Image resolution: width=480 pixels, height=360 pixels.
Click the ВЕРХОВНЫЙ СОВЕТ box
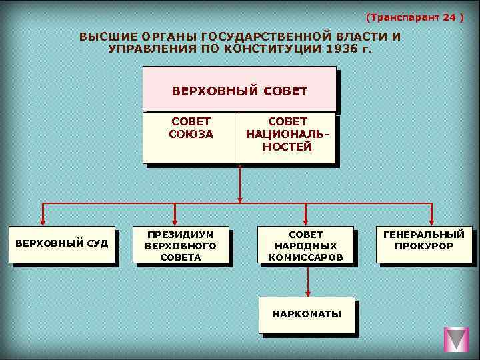click(239, 89)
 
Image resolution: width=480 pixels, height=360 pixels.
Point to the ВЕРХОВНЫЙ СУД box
click(61, 243)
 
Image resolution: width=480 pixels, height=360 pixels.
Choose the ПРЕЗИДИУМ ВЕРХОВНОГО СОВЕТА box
click(181, 245)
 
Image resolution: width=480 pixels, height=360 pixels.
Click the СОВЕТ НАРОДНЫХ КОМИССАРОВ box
click(305, 245)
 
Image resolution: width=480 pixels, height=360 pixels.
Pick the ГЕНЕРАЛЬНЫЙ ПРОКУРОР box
click(423, 241)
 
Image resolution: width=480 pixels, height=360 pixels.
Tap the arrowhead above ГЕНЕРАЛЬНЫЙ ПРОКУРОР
click(431, 221)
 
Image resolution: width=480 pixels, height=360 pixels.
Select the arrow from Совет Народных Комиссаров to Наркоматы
click(307, 280)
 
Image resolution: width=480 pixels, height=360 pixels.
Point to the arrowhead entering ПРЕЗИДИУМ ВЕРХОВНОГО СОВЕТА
click(175, 221)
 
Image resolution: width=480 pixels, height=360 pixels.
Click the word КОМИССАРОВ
click(305, 257)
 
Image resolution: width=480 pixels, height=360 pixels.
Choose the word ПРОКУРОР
click(423, 246)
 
